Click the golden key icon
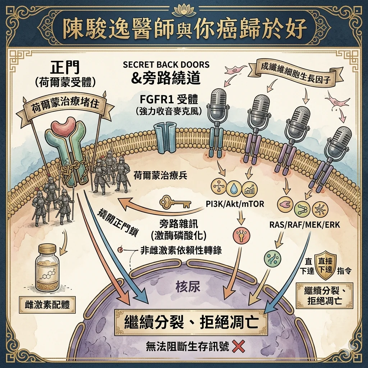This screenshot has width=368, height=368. (x=175, y=202)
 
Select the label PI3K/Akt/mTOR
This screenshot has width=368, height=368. (x=235, y=204)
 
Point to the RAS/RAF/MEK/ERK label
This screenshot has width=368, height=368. (x=304, y=225)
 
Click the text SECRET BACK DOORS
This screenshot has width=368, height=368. (x=166, y=65)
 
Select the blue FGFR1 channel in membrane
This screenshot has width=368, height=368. (x=165, y=138)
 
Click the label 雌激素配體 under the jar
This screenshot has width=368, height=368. (x=47, y=305)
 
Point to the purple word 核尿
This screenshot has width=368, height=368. (x=188, y=287)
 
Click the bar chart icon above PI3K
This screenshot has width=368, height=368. (x=249, y=188)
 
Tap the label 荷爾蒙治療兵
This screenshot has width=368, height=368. (x=161, y=175)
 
